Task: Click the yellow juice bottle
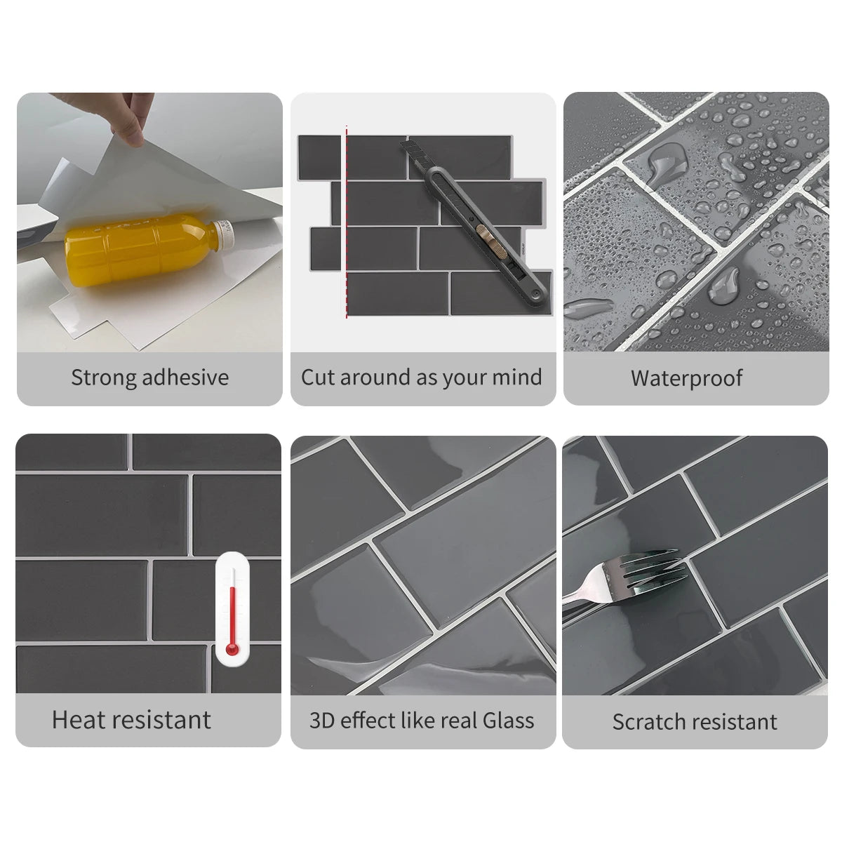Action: pyautogui.click(x=149, y=249)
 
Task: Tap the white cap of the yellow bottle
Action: pyautogui.click(x=225, y=232)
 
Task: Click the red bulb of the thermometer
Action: pyautogui.click(x=232, y=648)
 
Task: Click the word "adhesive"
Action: pyautogui.click(x=185, y=377)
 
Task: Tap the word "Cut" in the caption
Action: pyautogui.click(x=318, y=377)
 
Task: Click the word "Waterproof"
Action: pyautogui.click(x=686, y=379)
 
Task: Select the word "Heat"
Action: pyautogui.click(x=79, y=720)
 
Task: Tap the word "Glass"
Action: pyautogui.click(x=508, y=720)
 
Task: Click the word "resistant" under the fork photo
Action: pyautogui.click(x=733, y=722)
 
